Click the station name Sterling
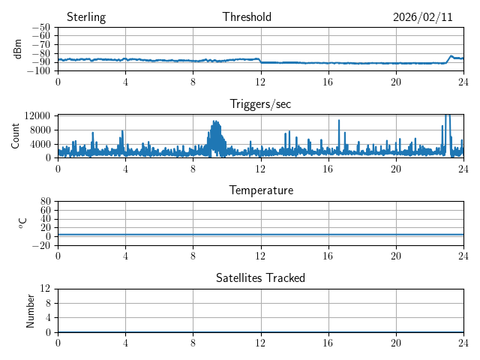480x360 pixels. click(x=86, y=17)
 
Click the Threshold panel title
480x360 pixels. click(x=247, y=17)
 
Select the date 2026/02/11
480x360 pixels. click(x=423, y=17)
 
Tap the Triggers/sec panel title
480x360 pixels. click(x=260, y=104)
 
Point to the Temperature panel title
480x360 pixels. click(x=261, y=190)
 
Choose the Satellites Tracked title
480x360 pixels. click(x=260, y=277)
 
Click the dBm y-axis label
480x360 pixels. click(x=18, y=49)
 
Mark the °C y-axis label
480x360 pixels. click(x=22, y=223)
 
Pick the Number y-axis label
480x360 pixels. click(x=31, y=310)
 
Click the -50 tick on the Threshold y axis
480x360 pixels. click(x=40, y=27)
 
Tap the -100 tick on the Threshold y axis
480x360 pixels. click(x=38, y=70)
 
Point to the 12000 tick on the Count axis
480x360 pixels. click(x=37, y=115)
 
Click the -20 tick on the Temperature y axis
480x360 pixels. click(x=40, y=245)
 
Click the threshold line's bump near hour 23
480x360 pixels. click(x=451, y=56)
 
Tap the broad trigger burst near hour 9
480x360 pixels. click(x=216, y=135)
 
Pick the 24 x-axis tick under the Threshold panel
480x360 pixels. click(x=463, y=82)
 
